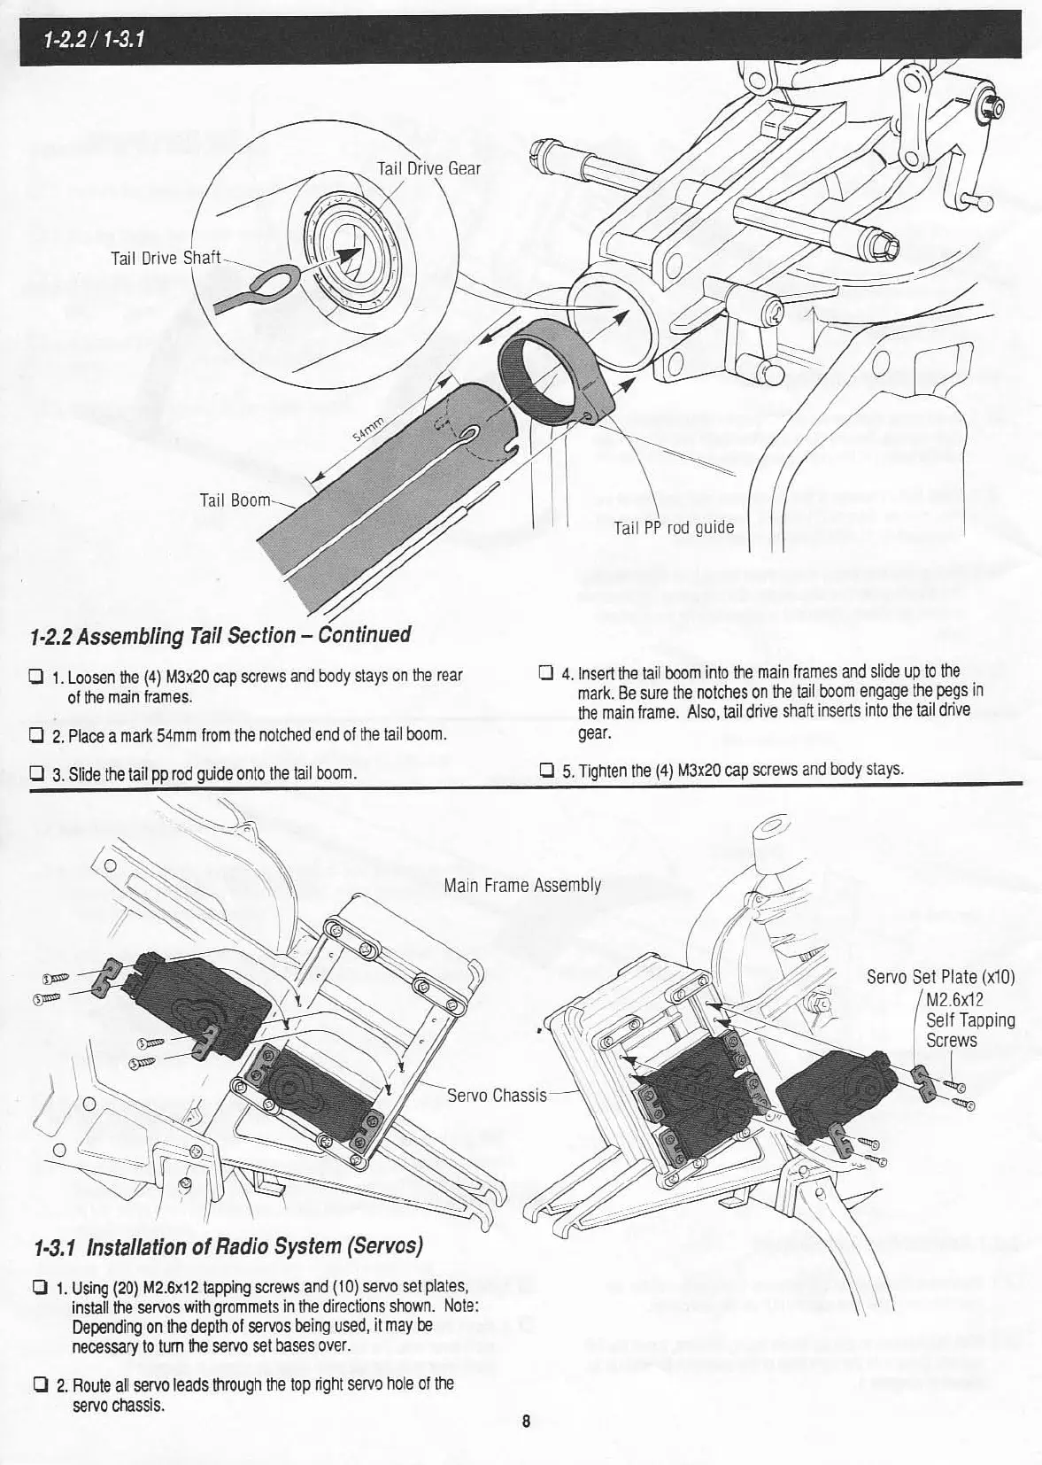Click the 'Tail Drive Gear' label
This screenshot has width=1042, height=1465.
tap(428, 168)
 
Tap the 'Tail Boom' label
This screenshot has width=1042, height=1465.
tap(235, 500)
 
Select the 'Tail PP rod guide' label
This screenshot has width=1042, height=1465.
tap(674, 528)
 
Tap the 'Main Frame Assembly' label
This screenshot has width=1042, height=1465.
tap(522, 885)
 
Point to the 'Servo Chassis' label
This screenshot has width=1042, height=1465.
tap(497, 1096)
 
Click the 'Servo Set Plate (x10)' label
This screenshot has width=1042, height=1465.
tap(939, 978)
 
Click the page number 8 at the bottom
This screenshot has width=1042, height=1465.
tap(525, 1422)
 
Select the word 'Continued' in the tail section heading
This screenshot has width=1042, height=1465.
tap(363, 634)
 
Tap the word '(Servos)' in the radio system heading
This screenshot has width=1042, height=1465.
tap(383, 1245)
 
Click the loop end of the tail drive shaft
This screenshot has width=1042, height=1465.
tap(266, 283)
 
